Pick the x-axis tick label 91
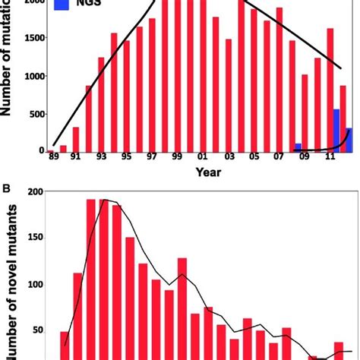pos(75,161)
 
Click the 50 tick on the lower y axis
pos(33,333)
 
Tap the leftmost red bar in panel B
pos(65,345)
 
